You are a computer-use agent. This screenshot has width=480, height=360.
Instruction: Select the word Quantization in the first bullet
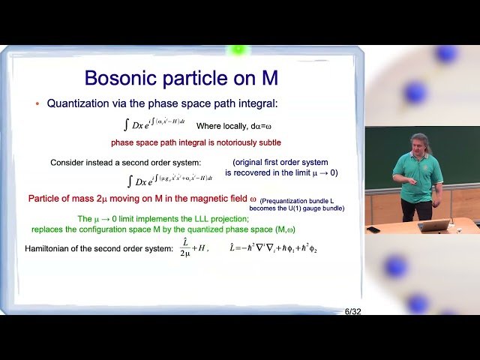click(x=81, y=104)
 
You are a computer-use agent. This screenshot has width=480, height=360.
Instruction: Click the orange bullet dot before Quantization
click(x=37, y=104)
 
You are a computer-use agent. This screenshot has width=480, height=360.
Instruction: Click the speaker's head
click(x=419, y=144)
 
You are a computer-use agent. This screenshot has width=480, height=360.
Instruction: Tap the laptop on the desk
click(x=436, y=225)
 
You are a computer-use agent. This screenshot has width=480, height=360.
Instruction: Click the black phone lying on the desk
click(x=373, y=229)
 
